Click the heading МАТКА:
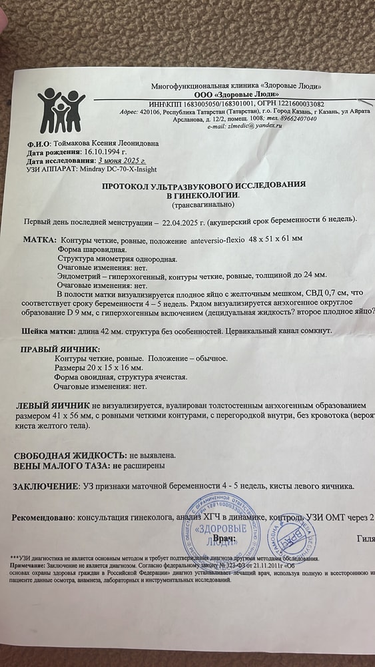pyautogui.click(x=39, y=238)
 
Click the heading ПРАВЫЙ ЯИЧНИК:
pyautogui.click(x=60, y=349)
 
